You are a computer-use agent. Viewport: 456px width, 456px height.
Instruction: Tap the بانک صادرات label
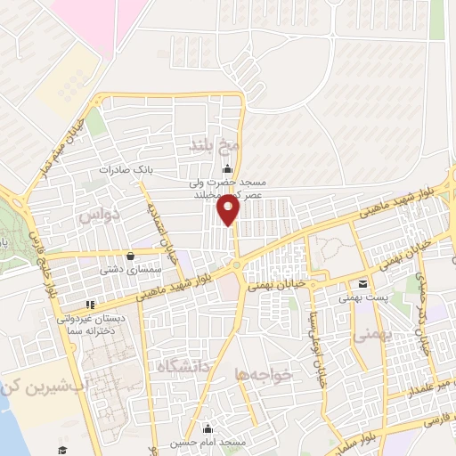click(121, 168)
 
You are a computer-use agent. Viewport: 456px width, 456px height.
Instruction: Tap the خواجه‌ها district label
click(256, 375)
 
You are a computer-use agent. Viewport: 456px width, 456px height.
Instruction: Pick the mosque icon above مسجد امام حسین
click(207, 428)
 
